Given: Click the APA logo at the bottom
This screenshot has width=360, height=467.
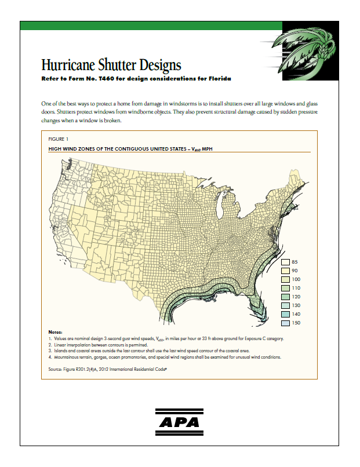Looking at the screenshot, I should coord(179,422).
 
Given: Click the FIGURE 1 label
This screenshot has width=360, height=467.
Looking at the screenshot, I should coord(59,139).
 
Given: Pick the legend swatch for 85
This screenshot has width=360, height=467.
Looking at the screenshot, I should coord(286,262).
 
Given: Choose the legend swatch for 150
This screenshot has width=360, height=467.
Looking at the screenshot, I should coord(286,323).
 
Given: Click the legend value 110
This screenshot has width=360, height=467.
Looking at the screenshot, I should coord(296,288).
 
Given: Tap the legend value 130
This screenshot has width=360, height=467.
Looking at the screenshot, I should coord(296,305).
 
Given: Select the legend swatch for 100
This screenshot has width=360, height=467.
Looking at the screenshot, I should coord(286,279).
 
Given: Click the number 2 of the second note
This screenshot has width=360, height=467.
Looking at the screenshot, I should coord(50,344).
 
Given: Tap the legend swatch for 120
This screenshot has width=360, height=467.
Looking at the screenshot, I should coord(286,297).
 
